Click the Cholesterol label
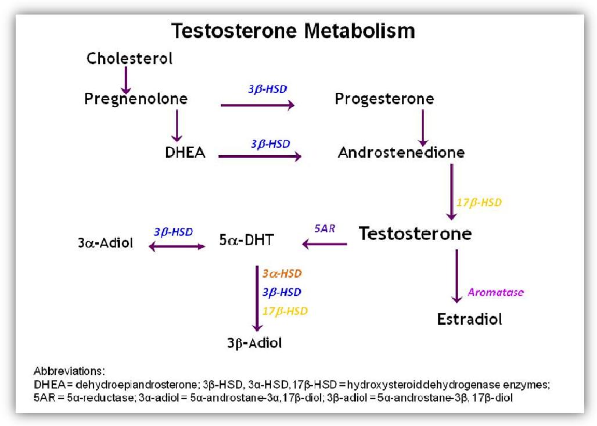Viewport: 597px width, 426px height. [130, 58]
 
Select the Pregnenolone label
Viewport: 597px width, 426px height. [136, 99]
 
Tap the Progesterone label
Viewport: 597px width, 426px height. [384, 99]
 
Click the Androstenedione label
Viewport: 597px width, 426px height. [401, 153]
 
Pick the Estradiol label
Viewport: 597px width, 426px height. [469, 319]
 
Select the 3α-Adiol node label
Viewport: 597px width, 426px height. [105, 242]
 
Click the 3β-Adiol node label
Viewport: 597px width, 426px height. [255, 343]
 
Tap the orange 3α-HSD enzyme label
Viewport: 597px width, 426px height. [282, 273]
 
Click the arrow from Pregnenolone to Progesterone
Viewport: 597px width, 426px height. [257, 105]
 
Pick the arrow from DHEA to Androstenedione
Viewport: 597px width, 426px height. [260, 156]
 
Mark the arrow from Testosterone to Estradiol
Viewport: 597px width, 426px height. [458, 275]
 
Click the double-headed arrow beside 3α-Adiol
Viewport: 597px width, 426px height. [177, 246]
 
